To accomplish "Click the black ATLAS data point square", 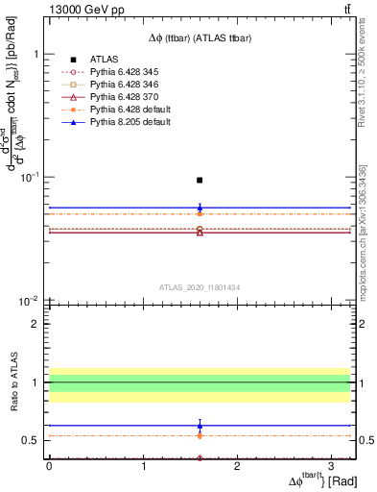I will point(200,180).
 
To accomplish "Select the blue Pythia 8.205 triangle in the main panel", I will point(200,207).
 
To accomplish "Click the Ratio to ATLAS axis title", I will point(12,384).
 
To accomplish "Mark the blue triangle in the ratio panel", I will point(200,425).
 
